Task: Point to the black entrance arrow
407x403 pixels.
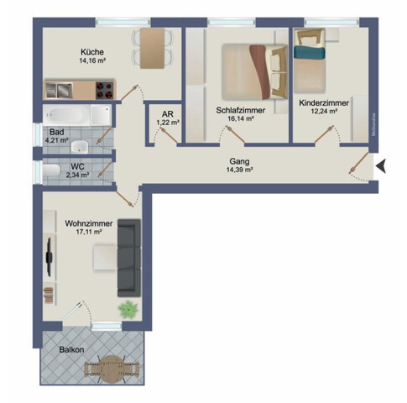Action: pos(380,166)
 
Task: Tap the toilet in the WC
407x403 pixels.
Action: pos(53,172)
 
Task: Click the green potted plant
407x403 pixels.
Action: pos(128,308)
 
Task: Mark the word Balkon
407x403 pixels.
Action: pos(71,348)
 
